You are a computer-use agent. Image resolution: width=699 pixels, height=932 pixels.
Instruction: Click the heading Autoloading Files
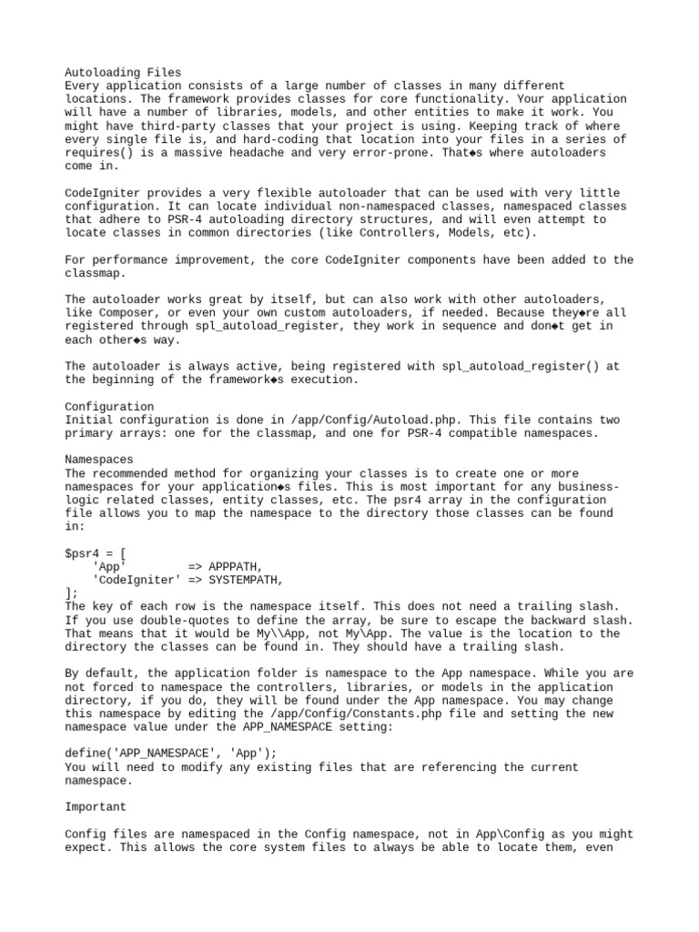pos(123,72)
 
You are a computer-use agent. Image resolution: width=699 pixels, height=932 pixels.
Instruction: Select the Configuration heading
pos(109,406)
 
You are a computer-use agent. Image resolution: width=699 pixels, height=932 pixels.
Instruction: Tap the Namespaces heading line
pos(99,460)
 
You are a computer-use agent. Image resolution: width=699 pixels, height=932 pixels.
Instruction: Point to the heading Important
pos(96,806)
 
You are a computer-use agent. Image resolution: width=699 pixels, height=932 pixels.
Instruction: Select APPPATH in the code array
pos(234,566)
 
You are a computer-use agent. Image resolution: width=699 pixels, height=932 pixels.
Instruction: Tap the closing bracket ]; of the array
pos(72,593)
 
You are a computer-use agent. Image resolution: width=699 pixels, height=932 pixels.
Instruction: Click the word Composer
pos(126,312)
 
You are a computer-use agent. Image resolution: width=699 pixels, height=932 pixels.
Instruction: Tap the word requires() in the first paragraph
pos(99,152)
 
